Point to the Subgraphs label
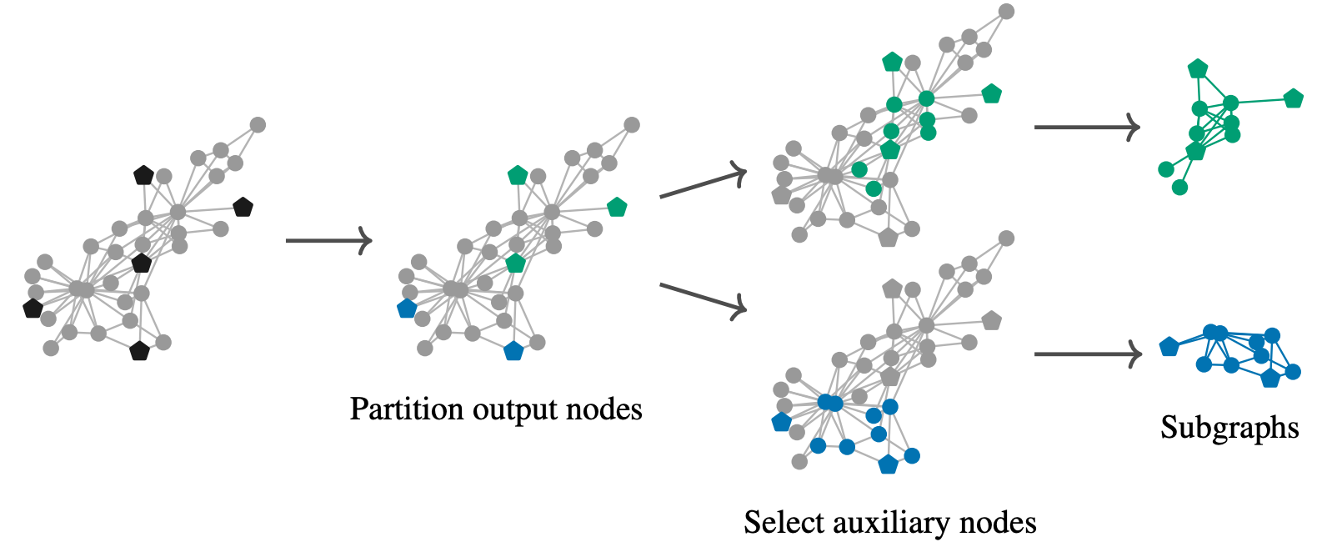click(1229, 428)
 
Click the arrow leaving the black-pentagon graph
click(328, 240)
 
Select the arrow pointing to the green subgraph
click(1086, 127)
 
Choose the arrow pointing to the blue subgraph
click(1088, 354)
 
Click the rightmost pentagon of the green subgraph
click(1293, 98)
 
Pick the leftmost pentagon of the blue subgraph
click(1169, 346)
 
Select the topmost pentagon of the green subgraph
click(1198, 68)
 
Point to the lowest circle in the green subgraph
click(1179, 188)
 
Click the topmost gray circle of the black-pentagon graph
click(258, 125)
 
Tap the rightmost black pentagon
click(243, 207)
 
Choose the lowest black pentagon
click(139, 351)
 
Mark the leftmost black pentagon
click(33, 309)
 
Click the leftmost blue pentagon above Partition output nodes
click(407, 309)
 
